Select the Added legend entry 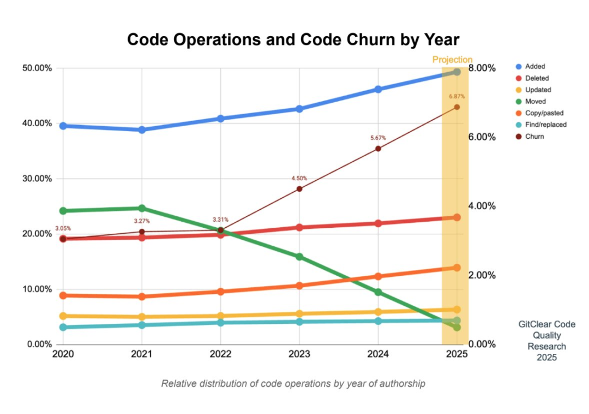click(x=534, y=67)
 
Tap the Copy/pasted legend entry click(x=543, y=113)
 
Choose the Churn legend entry click(x=534, y=137)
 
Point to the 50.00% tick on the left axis click(x=37, y=68)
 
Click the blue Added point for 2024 click(x=378, y=89)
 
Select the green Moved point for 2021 click(x=142, y=208)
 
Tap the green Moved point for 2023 click(x=299, y=256)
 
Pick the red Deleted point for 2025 click(x=457, y=217)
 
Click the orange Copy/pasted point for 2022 click(x=220, y=292)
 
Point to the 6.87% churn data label click(x=457, y=97)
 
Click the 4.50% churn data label click(x=299, y=178)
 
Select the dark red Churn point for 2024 click(x=378, y=149)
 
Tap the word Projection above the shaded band click(x=452, y=60)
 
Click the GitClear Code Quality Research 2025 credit click(x=546, y=341)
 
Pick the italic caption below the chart click(x=293, y=383)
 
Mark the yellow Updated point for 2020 click(x=63, y=316)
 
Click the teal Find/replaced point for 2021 click(x=142, y=325)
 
